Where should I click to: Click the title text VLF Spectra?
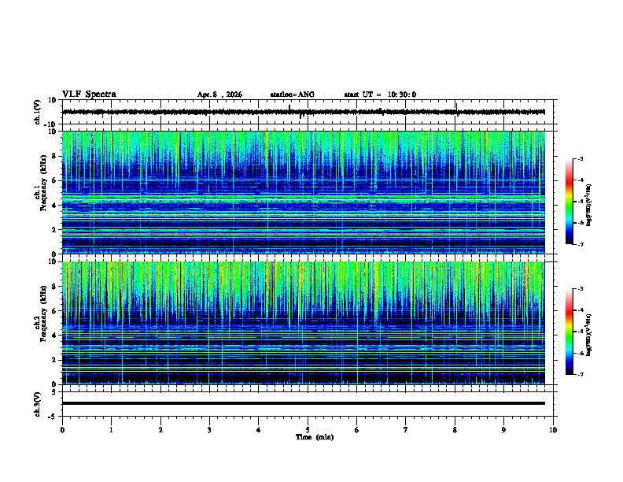[x=89, y=95]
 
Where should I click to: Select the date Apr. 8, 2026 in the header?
[x=219, y=95]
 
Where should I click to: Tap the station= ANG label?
[x=292, y=95]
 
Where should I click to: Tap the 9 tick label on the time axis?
[x=504, y=429]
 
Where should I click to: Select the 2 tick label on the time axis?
[x=160, y=429]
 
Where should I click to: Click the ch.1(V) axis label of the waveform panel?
[x=38, y=112]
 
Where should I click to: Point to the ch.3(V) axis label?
[x=38, y=403]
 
